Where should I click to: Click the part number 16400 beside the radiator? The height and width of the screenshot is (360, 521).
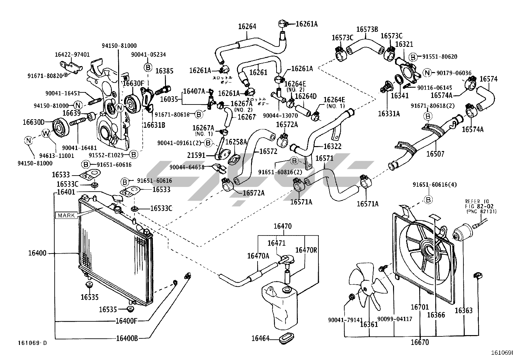coord(37,253)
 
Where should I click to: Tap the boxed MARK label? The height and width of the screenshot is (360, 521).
coord(66,216)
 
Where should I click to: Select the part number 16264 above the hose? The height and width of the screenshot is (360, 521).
coord(247,27)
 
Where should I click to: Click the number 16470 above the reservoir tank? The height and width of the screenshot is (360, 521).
coord(282,226)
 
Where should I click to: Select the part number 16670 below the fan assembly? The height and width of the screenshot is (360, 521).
coord(420,343)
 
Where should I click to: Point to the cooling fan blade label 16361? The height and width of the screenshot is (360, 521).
coord(369,324)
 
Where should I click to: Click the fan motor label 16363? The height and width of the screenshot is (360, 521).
coord(464,311)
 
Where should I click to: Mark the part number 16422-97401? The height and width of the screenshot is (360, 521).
coord(72,55)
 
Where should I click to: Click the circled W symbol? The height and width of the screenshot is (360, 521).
coord(46,133)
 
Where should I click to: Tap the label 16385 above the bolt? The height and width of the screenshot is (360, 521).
coord(164,71)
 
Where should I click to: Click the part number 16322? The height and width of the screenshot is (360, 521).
coord(332,146)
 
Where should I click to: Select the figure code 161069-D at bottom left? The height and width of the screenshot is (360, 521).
coord(32,343)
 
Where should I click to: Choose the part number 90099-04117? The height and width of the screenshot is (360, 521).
coord(395,319)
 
